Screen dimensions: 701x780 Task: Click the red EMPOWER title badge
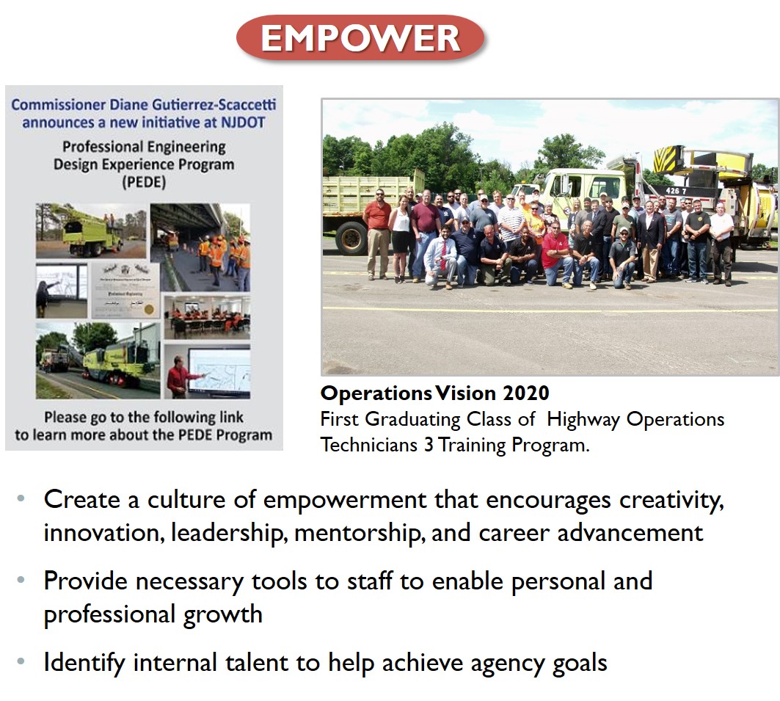pos(360,38)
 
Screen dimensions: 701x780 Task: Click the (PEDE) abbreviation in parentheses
pos(144,182)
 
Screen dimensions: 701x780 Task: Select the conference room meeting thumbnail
pos(207,316)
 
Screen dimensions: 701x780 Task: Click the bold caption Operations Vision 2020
pos(434,393)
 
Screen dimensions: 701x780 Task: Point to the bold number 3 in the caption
pos(428,446)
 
